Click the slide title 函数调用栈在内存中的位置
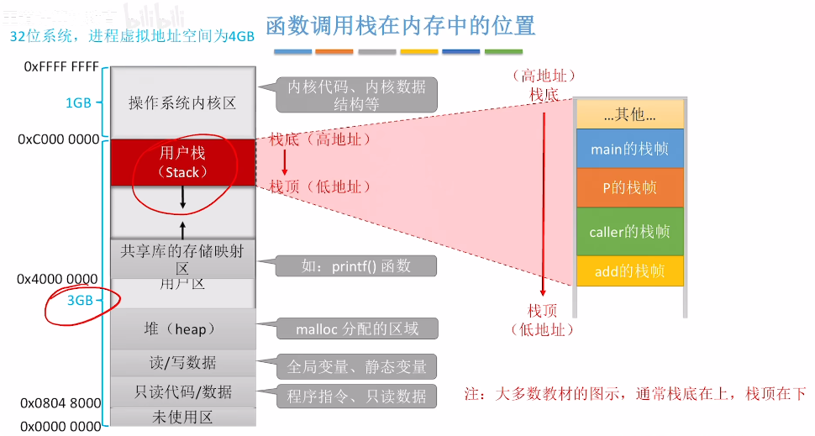[400, 26]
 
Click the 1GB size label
[78, 103]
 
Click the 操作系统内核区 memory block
[182, 103]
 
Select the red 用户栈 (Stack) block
[182, 162]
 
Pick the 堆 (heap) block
[182, 328]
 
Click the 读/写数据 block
[182, 363]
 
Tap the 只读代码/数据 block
[182, 392]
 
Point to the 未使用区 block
[182, 417]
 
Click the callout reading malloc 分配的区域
[356, 329]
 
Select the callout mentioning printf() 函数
[356, 266]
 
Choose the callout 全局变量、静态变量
[356, 366]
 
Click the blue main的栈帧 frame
[630, 149]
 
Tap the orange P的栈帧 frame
[630, 188]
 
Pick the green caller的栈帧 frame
[630, 231]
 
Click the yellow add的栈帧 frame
[630, 271]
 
